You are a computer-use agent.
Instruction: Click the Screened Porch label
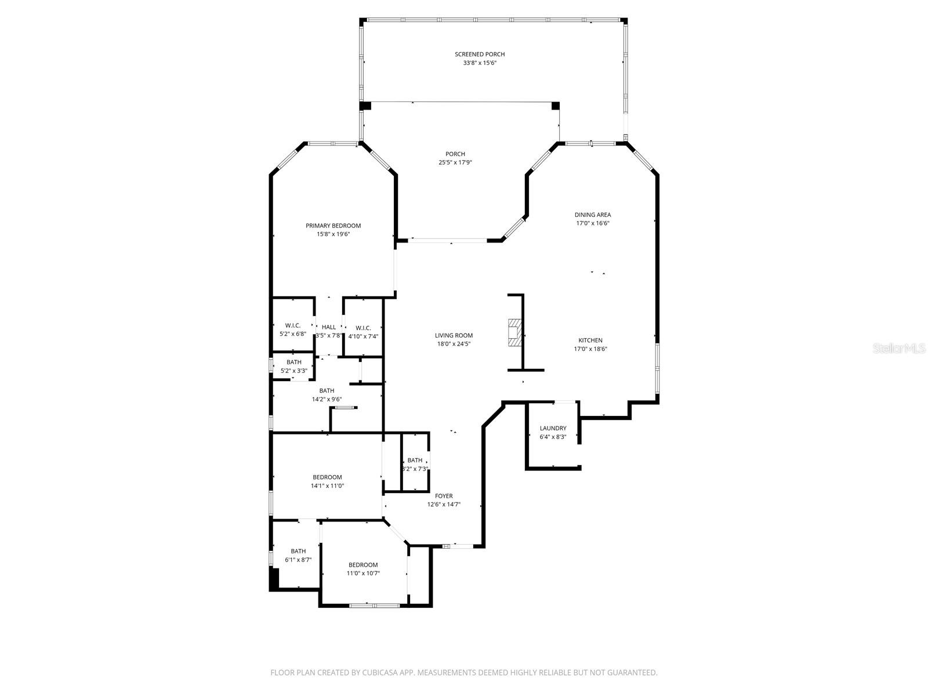(480, 55)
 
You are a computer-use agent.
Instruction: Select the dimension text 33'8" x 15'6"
(480, 63)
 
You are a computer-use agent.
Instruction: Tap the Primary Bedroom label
(333, 226)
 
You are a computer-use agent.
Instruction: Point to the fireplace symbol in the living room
(514, 332)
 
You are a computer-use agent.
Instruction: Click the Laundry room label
(553, 429)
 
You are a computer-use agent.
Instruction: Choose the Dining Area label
(592, 215)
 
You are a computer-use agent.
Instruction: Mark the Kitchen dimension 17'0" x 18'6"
(590, 349)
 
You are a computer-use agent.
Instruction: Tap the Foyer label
(444, 496)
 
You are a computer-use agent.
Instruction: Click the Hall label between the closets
(329, 327)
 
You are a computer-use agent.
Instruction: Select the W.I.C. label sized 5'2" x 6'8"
(293, 325)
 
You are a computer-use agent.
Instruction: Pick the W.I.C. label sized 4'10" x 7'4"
(363, 328)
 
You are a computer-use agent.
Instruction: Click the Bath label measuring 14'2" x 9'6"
(327, 391)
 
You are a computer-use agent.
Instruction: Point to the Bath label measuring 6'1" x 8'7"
(298, 551)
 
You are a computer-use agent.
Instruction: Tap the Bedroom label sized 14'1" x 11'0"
(327, 477)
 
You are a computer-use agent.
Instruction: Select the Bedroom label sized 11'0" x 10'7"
(363, 565)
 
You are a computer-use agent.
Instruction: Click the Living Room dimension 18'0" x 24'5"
(454, 344)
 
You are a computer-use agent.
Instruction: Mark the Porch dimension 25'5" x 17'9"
(455, 163)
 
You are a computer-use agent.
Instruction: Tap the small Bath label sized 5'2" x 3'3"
(293, 362)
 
